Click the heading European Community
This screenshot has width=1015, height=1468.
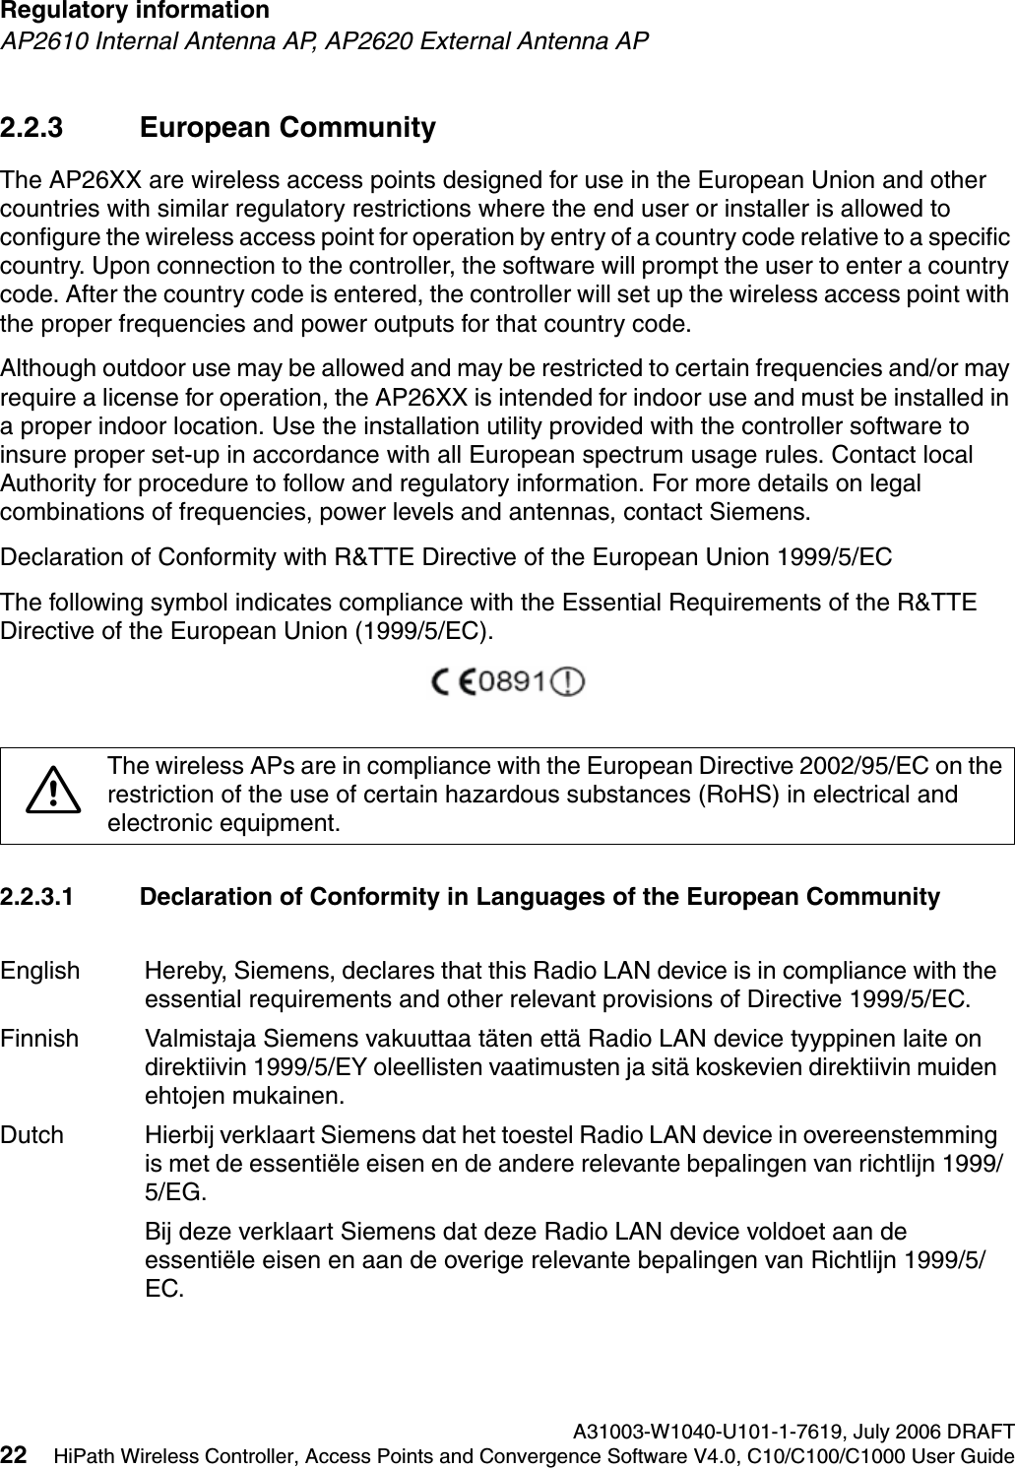287,129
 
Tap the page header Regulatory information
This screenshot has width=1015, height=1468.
135,12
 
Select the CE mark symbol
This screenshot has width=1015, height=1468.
455,681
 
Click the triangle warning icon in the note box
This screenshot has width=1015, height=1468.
54,791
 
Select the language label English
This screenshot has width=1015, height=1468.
40,971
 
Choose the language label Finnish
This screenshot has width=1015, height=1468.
39,1039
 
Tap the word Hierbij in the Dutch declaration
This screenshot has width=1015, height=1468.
176,1134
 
